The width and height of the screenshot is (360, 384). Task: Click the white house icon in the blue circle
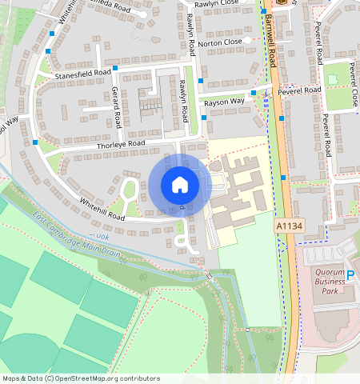pyautogui.click(x=180, y=185)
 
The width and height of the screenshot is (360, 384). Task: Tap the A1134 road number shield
pyautogui.click(x=290, y=227)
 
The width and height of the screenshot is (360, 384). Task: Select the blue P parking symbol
pyautogui.click(x=350, y=275)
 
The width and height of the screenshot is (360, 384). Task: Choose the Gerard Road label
pyautogui.click(x=116, y=106)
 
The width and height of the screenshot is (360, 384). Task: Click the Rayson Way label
pyautogui.click(x=224, y=102)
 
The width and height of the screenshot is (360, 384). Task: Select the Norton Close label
pyautogui.click(x=220, y=42)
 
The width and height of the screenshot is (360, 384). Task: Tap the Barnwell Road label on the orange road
pyautogui.click(x=273, y=48)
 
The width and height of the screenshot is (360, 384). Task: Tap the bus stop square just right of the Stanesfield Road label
pyautogui.click(x=115, y=68)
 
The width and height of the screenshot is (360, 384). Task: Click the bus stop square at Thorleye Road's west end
pyautogui.click(x=35, y=142)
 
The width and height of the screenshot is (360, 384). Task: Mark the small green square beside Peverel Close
pyautogui.click(x=332, y=79)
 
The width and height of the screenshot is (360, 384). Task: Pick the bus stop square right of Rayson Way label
pyautogui.click(x=253, y=94)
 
